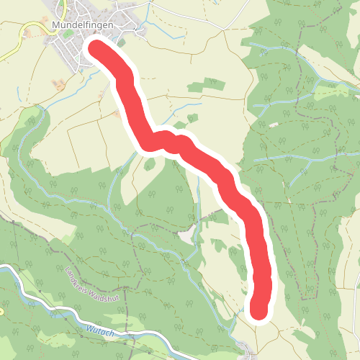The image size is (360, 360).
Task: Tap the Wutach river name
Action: (98, 328)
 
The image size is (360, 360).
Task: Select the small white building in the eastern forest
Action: (274, 125)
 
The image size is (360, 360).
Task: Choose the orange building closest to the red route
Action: (117, 113)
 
